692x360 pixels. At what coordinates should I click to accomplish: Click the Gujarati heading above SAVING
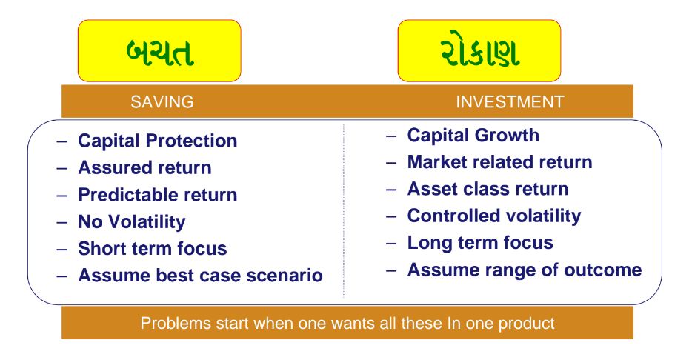tap(160, 52)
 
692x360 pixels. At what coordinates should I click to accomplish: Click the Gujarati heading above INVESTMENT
tap(479, 52)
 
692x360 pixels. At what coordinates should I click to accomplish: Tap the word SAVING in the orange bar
tap(162, 102)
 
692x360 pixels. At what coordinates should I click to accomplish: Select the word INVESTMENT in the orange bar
tap(510, 102)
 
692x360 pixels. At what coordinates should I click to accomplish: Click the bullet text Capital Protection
tap(158, 141)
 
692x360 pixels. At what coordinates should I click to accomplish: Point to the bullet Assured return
tap(144, 167)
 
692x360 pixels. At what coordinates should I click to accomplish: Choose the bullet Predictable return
tap(158, 195)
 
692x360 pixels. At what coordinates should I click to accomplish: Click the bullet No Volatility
tap(132, 222)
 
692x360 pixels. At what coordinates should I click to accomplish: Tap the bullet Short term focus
tap(153, 248)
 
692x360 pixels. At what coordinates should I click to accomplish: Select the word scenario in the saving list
tap(285, 276)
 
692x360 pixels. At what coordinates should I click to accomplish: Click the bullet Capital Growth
tap(473, 136)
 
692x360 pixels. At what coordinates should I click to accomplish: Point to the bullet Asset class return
tap(488, 189)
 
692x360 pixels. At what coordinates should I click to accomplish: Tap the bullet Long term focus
tap(480, 243)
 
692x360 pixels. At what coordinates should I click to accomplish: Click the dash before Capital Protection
tap(61, 141)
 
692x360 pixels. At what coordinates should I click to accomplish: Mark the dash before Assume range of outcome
tap(391, 270)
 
